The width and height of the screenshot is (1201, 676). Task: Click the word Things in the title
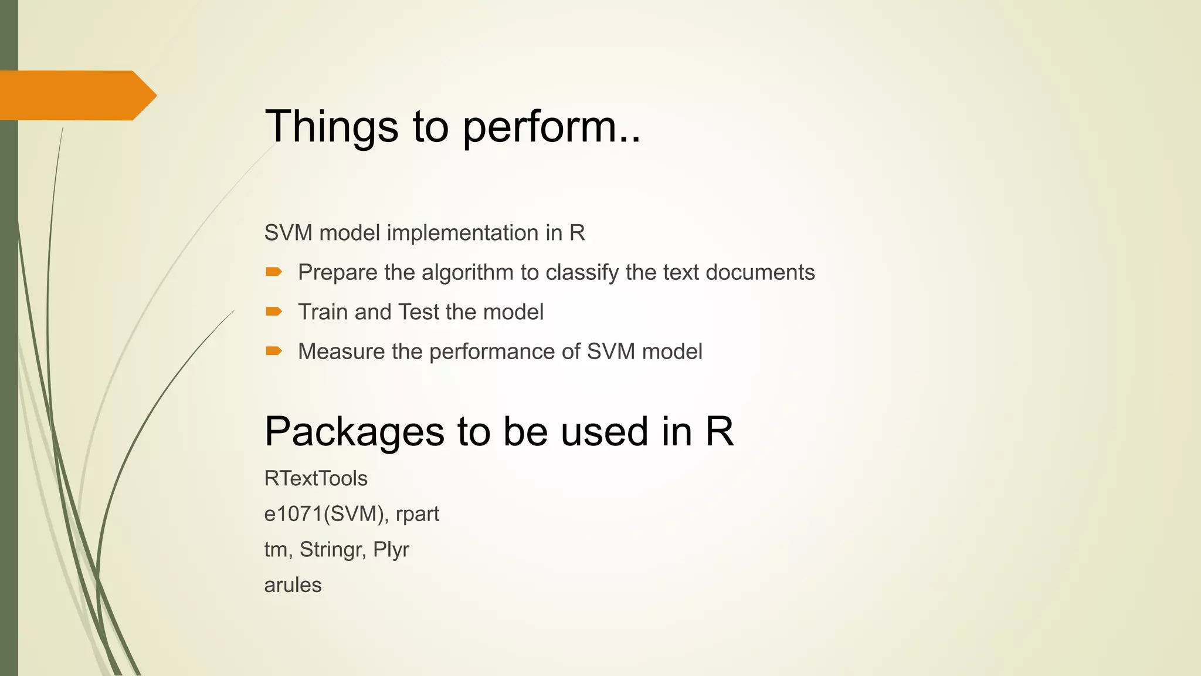[x=331, y=127]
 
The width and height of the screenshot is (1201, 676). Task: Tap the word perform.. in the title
[x=551, y=127]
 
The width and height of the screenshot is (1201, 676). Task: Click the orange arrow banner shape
[x=76, y=95]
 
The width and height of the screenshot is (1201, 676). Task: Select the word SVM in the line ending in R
[x=288, y=233]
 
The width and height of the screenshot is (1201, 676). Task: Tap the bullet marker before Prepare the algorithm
[x=274, y=272]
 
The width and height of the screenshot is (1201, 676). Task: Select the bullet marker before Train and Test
[x=274, y=311]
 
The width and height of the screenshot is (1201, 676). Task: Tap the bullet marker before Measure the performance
[x=274, y=351]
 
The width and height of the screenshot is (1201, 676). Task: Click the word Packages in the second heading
[x=354, y=432]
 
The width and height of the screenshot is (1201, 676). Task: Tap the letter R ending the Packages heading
[x=719, y=431]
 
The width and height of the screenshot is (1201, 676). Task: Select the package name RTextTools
[x=315, y=479]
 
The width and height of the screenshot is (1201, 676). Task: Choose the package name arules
[x=293, y=585]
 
